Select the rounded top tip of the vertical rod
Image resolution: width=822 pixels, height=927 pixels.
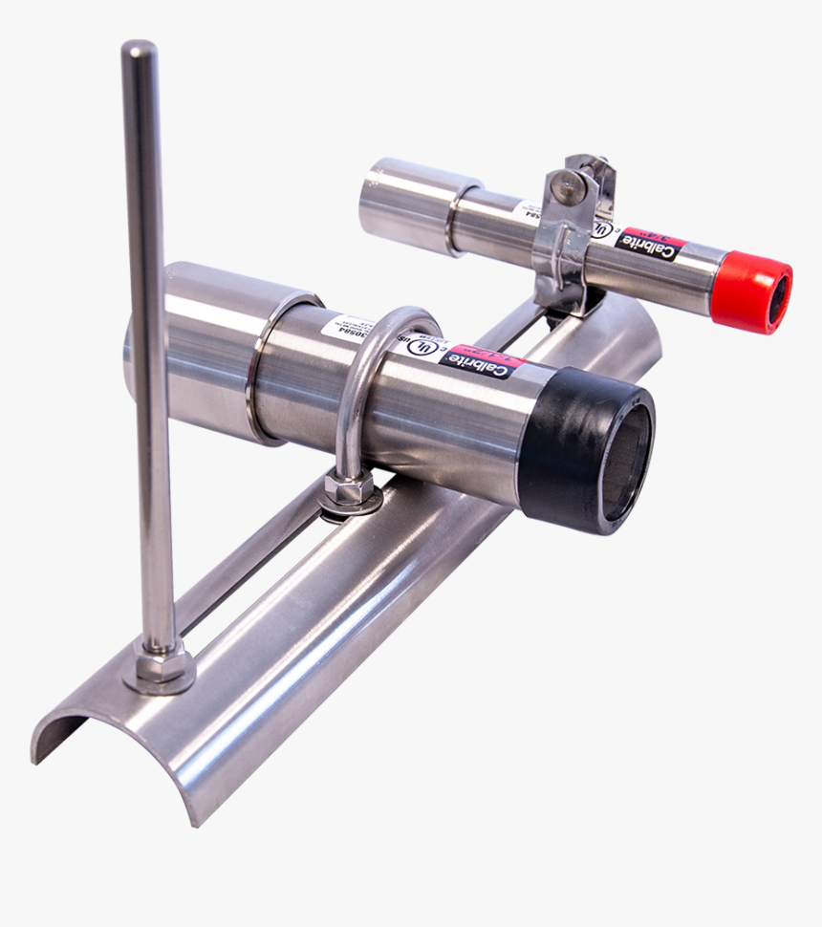pos(139,49)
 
